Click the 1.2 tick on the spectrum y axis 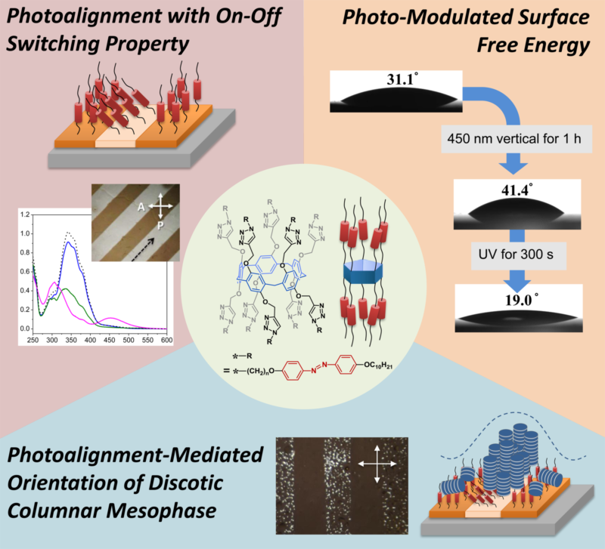pyautogui.click(x=25, y=215)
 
